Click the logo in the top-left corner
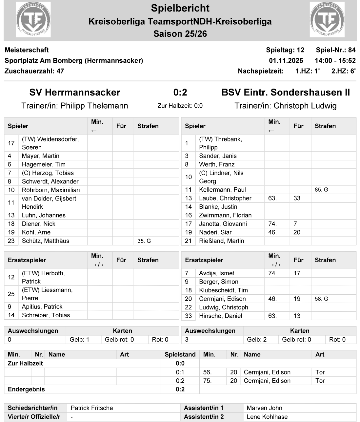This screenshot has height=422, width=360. [33, 19]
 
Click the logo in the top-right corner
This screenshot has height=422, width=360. [327, 19]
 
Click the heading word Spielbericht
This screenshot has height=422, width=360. [180, 8]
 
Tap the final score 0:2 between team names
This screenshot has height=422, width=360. [180, 93]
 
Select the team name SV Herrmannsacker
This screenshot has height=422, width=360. [75, 93]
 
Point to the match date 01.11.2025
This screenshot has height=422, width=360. [286, 60]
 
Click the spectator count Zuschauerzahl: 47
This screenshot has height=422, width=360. [34, 71]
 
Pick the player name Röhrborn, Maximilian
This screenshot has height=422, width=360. [51, 190]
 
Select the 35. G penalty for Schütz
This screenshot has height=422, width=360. [144, 241]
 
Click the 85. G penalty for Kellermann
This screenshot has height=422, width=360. [321, 190]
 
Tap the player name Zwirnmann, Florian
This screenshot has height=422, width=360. [225, 215]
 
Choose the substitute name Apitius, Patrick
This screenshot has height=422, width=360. [42, 306]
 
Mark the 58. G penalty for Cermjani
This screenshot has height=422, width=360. [321, 299]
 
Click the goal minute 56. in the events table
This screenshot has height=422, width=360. [208, 372]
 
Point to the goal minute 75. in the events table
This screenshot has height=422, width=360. [208, 381]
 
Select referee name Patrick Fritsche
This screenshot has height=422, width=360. [92, 408]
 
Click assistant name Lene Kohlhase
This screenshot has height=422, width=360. [267, 417]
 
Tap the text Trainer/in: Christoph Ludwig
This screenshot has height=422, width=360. [285, 106]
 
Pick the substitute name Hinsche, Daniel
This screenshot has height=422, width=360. [221, 316]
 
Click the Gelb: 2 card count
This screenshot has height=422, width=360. [257, 340]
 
